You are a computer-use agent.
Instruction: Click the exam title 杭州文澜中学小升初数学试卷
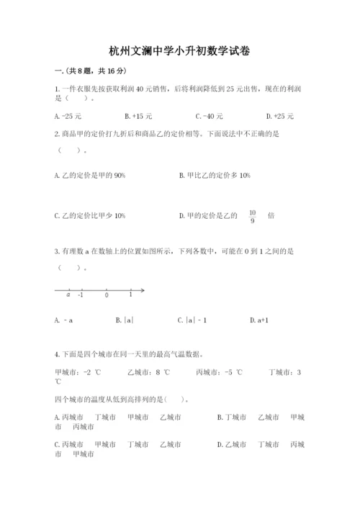click(x=180, y=52)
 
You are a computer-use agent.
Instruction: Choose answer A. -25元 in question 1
click(x=68, y=116)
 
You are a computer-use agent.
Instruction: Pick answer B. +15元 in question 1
click(x=138, y=116)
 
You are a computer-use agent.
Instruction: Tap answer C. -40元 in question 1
click(x=209, y=116)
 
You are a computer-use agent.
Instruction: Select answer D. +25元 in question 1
click(x=279, y=116)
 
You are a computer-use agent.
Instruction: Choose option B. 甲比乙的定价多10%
click(x=215, y=175)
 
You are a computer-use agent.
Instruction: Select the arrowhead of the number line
click(x=143, y=290)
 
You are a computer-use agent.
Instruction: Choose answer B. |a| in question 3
click(x=125, y=320)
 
